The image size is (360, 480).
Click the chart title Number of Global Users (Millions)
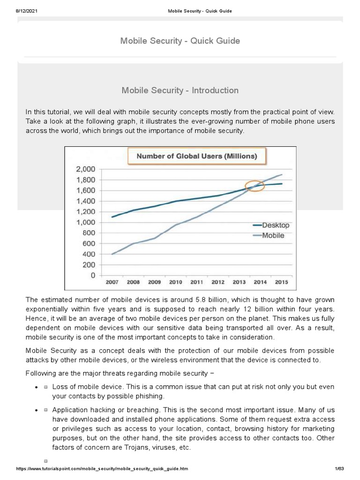click(x=196, y=156)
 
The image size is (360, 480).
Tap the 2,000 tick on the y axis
click(x=85, y=169)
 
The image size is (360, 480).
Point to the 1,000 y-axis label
click(x=85, y=222)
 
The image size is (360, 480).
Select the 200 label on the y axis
click(x=89, y=265)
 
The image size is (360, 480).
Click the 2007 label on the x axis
click(x=112, y=283)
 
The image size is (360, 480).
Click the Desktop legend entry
click(x=275, y=225)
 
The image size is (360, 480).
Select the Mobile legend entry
click(x=272, y=236)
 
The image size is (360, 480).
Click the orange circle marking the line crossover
click(x=255, y=186)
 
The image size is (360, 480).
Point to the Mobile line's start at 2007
click(x=112, y=254)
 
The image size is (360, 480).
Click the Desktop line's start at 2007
click(x=112, y=217)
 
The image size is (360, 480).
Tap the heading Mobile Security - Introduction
click(x=180, y=90)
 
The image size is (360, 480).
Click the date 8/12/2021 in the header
click(x=27, y=11)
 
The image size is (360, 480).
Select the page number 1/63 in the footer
click(x=339, y=468)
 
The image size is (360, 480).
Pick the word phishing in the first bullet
click(x=147, y=396)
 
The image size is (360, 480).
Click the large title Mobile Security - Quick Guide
click(x=180, y=41)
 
